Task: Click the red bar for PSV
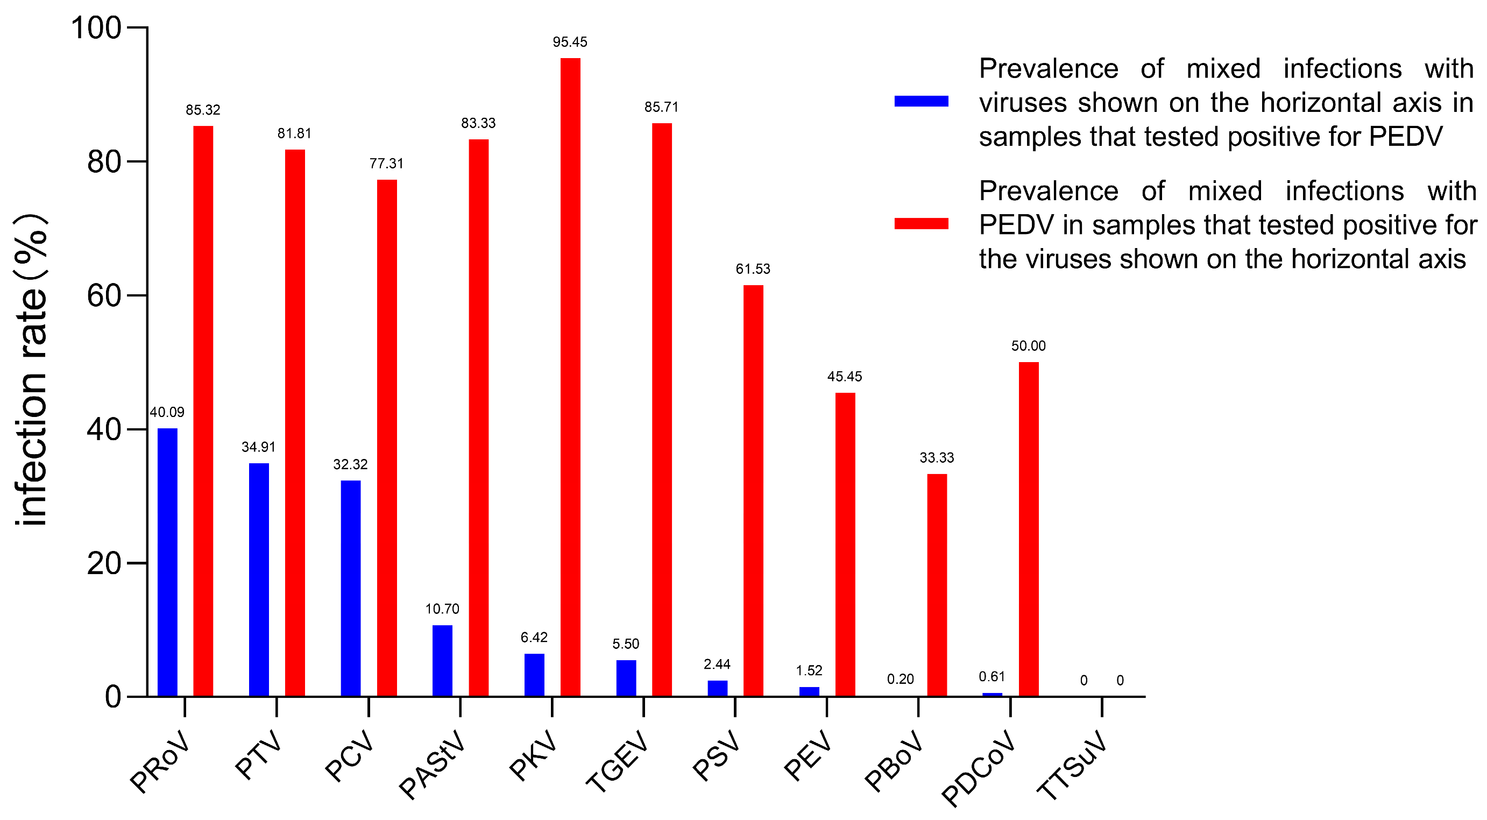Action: [753, 490]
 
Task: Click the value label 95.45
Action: [570, 42]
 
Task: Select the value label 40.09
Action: [167, 412]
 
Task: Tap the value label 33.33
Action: [936, 458]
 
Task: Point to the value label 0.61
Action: [992, 676]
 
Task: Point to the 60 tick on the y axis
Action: [104, 295]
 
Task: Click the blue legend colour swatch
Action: [921, 101]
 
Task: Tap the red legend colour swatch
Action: [921, 223]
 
